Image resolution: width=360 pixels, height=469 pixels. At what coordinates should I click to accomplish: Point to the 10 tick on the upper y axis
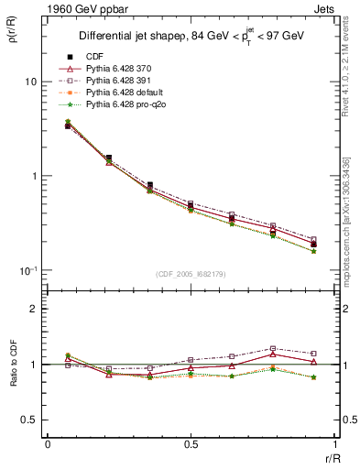coord(30,82)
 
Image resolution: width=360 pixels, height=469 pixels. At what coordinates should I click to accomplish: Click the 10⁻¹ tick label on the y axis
coord(27,270)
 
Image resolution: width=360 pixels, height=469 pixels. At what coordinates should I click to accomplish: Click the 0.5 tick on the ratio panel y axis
coord(29,420)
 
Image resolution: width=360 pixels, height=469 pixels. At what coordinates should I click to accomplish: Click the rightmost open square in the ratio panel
coord(313,354)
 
